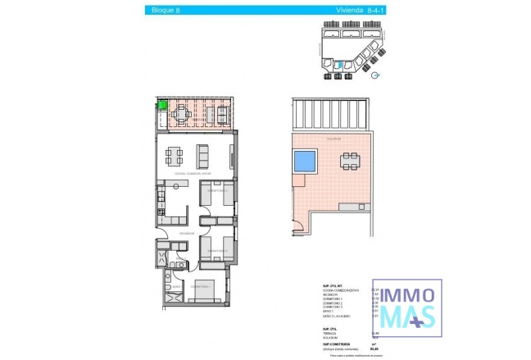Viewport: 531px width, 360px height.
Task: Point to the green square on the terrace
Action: click(x=162, y=105)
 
